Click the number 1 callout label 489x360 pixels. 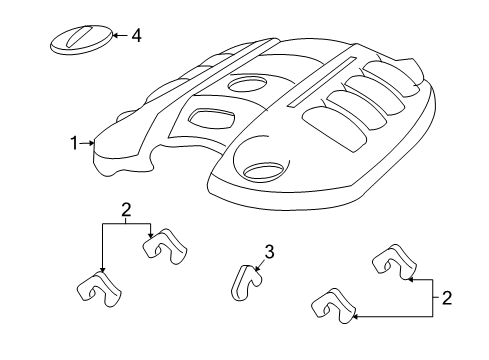coord(74,144)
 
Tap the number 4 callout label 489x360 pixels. coord(136,36)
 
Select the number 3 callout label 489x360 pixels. coord(269,251)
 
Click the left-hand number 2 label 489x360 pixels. coord(127,210)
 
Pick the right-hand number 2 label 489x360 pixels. coord(446,297)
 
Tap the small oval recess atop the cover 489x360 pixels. coord(247,86)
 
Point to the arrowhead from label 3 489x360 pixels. coord(255,268)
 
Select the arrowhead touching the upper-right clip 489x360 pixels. coord(409,281)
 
